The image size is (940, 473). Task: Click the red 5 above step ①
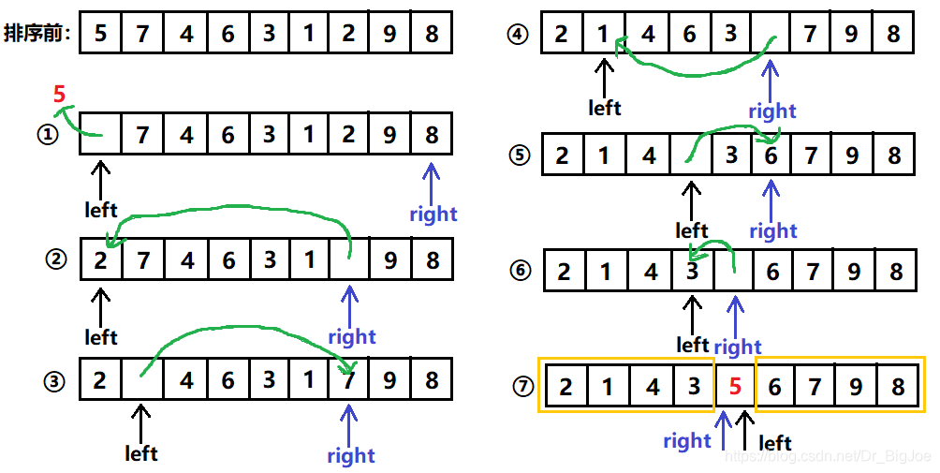pyautogui.click(x=60, y=95)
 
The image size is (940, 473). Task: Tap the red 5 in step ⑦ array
pyautogui.click(x=734, y=385)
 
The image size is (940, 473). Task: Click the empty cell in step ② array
pyautogui.click(x=348, y=259)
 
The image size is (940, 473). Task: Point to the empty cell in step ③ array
pyautogui.click(x=142, y=381)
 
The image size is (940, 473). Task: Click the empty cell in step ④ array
pyautogui.click(x=771, y=36)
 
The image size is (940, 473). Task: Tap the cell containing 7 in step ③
pyautogui.click(x=348, y=381)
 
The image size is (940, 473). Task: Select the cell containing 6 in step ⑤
pyautogui.click(x=771, y=155)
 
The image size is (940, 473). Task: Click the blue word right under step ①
pyautogui.click(x=433, y=214)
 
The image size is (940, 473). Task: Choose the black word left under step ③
pyautogui.click(x=141, y=453)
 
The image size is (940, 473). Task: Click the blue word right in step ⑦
pyautogui.click(x=687, y=440)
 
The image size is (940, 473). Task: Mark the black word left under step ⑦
pyautogui.click(x=774, y=442)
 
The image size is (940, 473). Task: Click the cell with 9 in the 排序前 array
pyautogui.click(x=389, y=34)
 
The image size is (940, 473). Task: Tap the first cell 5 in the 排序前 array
pyautogui.click(x=101, y=34)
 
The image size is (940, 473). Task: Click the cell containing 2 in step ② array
pyautogui.click(x=101, y=259)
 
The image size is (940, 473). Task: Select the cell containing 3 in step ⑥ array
pyautogui.click(x=692, y=273)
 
